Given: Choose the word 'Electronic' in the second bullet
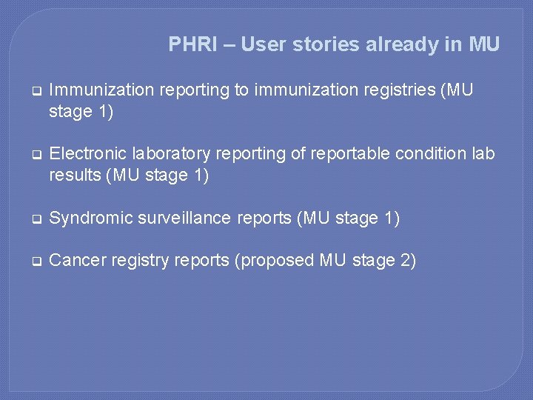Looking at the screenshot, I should click(x=85, y=154).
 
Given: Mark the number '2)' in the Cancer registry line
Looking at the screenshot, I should click(x=407, y=260).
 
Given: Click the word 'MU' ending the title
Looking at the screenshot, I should click(x=484, y=44).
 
